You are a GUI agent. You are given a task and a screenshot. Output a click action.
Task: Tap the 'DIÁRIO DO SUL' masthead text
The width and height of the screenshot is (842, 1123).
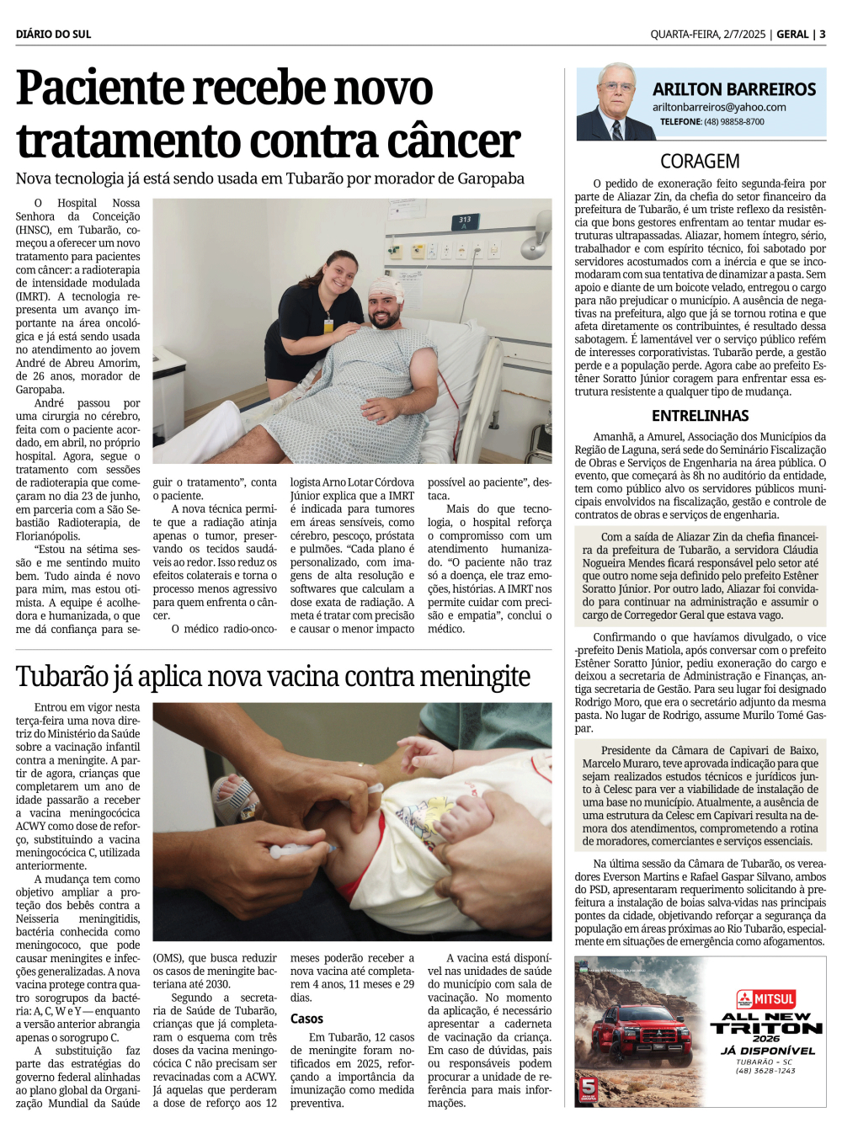53,35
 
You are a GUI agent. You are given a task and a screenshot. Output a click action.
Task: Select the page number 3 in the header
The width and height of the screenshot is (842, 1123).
823,35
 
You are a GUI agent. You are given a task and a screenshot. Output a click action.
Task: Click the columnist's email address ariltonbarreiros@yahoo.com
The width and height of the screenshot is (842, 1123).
719,107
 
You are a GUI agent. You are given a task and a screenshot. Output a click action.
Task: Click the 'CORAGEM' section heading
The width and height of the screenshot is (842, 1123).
700,161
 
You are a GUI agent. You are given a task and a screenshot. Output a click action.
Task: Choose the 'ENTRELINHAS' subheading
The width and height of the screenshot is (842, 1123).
700,416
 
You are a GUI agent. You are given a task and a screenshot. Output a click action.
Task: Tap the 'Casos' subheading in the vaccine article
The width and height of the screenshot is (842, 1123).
306,1019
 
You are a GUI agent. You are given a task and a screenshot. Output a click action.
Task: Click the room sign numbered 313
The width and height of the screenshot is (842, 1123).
465,221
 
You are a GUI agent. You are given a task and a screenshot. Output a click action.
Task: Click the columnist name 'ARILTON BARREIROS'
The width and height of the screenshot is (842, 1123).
734,89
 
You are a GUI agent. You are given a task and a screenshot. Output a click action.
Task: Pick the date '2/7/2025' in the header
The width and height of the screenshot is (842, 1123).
744,35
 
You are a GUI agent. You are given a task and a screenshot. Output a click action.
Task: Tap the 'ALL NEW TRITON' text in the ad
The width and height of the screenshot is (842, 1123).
766,1023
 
